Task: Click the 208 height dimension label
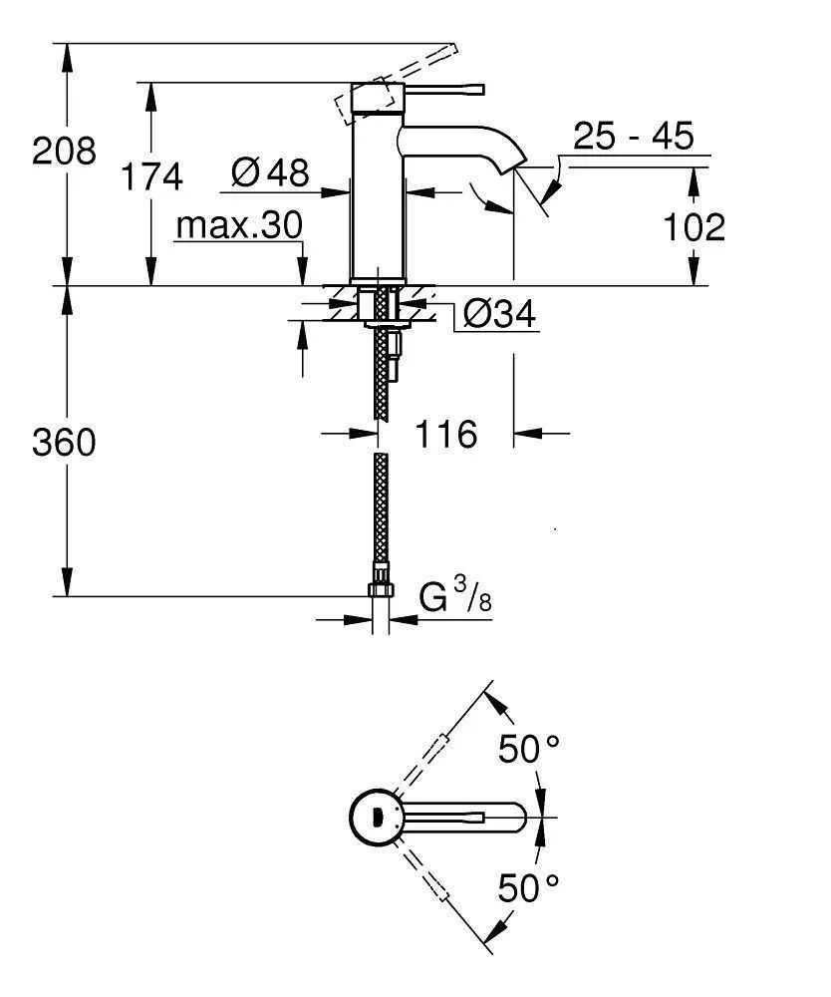65,152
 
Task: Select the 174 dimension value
151,176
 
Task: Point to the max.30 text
238,226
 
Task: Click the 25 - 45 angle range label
633,136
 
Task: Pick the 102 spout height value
694,227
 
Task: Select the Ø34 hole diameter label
499,315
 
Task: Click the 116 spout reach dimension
445,434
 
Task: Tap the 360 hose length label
65,442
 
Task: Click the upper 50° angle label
529,750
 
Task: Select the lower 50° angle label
529,886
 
